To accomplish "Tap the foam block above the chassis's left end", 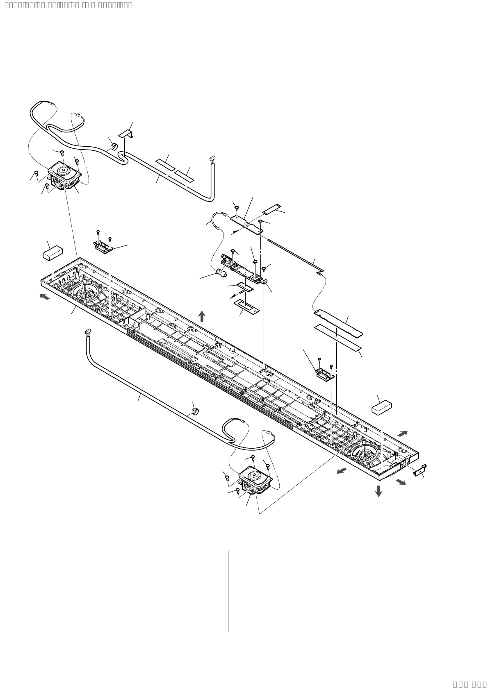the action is [x=53, y=252].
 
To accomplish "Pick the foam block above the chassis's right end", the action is [x=381, y=407].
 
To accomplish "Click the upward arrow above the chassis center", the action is [x=202, y=316].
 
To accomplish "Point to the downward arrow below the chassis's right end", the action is [x=379, y=490].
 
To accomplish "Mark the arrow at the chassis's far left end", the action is [x=44, y=296].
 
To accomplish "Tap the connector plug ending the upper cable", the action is [x=212, y=158].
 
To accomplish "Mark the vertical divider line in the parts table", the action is [x=228, y=590].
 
